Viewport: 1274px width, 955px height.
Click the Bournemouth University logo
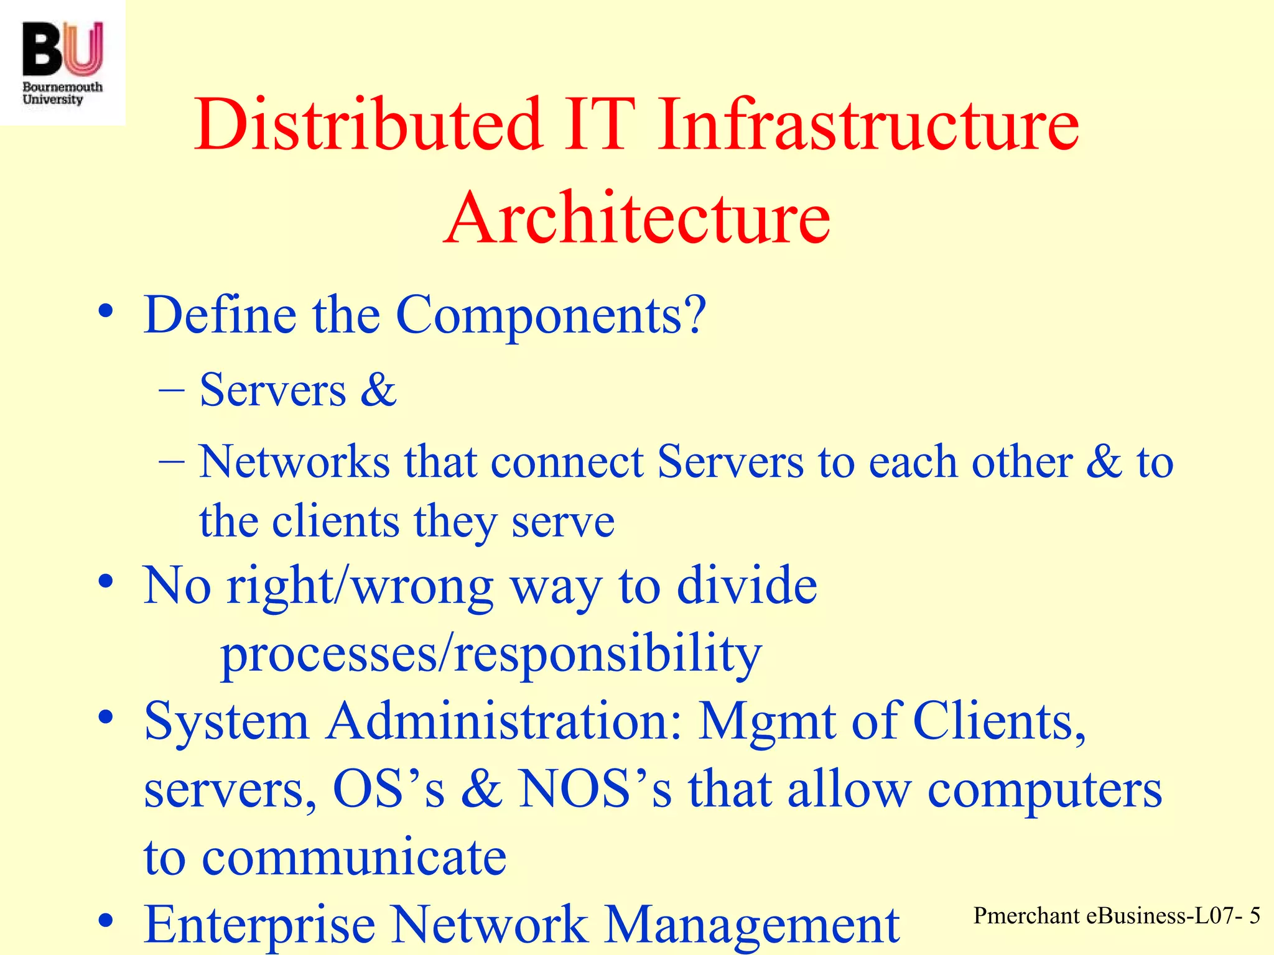62,62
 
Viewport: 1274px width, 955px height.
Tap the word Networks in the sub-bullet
294,462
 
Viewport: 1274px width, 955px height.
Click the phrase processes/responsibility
491,655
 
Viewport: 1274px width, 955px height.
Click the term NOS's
595,789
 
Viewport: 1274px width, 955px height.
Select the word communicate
355,857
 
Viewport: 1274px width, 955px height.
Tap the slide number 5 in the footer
1254,916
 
